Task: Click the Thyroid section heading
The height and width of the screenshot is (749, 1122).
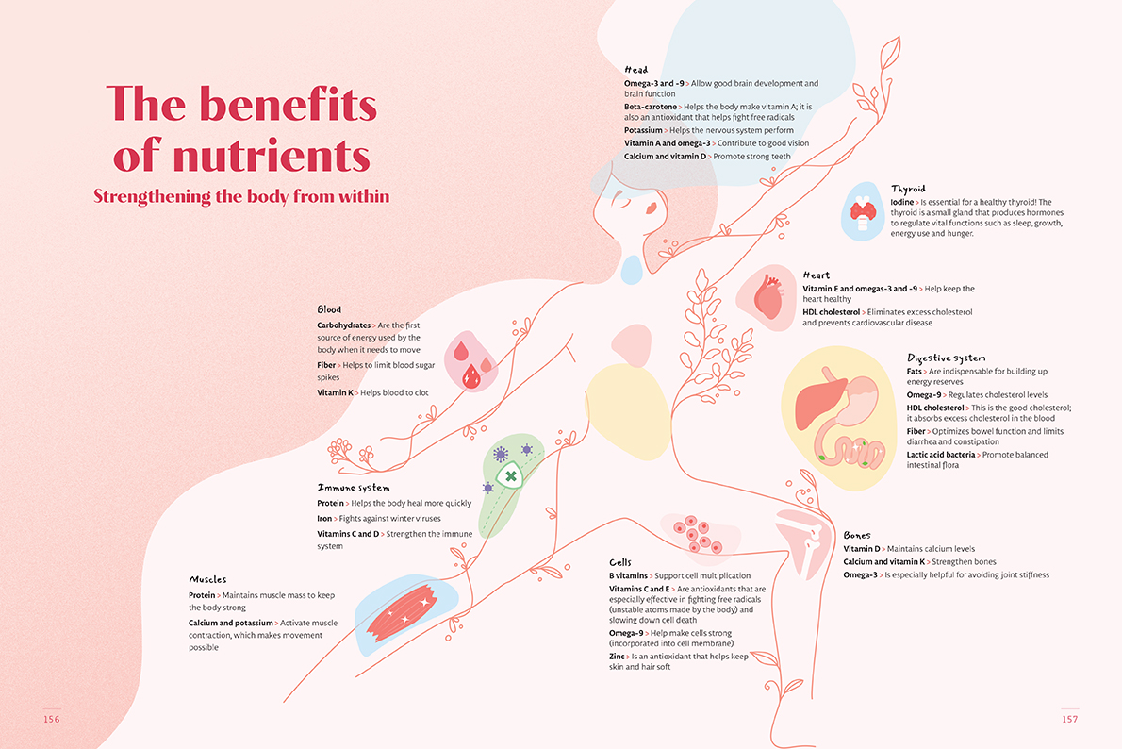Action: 908,189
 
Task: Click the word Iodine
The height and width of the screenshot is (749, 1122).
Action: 902,202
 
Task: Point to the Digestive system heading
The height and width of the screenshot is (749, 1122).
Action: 946,358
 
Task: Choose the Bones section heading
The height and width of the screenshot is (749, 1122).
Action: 857,535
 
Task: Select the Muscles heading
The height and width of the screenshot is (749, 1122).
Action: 207,579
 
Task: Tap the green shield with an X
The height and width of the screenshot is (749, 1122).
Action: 510,476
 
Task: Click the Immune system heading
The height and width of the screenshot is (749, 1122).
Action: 354,488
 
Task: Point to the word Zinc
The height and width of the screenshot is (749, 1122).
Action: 618,656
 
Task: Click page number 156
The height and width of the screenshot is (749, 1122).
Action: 51,719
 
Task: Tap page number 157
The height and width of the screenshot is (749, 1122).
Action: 1069,719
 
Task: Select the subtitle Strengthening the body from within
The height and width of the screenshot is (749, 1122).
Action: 241,196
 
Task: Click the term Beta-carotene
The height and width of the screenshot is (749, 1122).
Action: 651,107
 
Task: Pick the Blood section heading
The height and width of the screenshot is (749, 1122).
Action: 329,309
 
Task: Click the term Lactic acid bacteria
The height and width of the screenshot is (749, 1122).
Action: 941,455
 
